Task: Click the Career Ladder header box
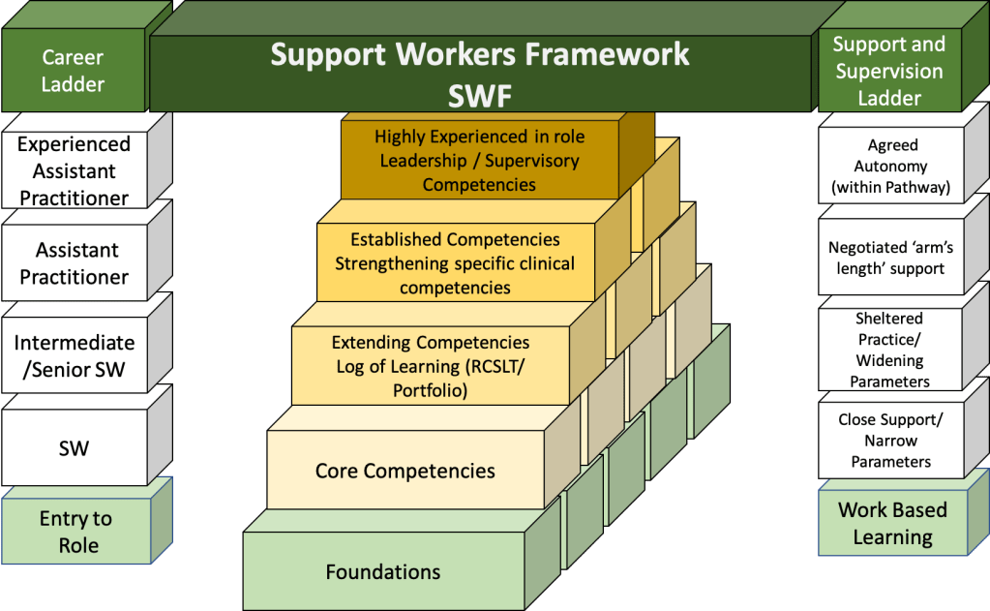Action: [73, 71]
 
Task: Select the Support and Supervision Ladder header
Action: [889, 71]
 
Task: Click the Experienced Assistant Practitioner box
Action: [74, 170]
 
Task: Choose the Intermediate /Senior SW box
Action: [74, 355]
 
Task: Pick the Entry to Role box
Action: [75, 532]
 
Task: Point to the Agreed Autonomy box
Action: [891, 166]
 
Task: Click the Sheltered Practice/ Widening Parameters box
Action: [890, 350]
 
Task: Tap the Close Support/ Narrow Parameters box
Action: [890, 441]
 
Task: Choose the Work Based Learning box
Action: [892, 523]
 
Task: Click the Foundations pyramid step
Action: [383, 571]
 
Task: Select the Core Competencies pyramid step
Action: [405, 472]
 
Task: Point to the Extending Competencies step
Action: [431, 366]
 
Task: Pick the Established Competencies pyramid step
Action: [455, 262]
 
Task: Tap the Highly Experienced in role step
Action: [479, 160]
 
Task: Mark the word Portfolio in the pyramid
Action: [431, 390]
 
